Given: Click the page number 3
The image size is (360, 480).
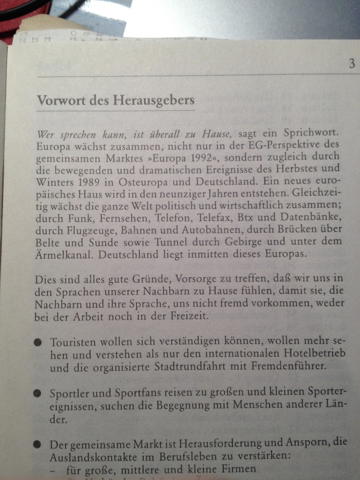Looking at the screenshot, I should pos(352,64).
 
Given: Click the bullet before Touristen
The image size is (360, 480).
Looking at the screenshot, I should pos(37,342).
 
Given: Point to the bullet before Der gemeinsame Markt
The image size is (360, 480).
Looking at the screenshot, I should pos(37,443).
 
